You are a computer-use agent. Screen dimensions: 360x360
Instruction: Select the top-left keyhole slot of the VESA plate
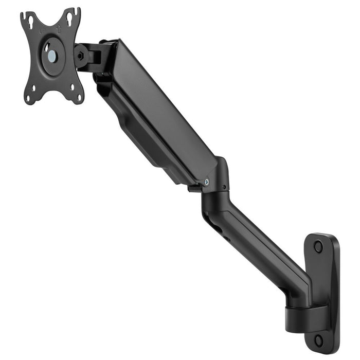click(30, 21)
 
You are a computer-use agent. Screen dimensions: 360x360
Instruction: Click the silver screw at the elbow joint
click(207, 181)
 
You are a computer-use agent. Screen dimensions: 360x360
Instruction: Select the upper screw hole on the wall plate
click(318, 246)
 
